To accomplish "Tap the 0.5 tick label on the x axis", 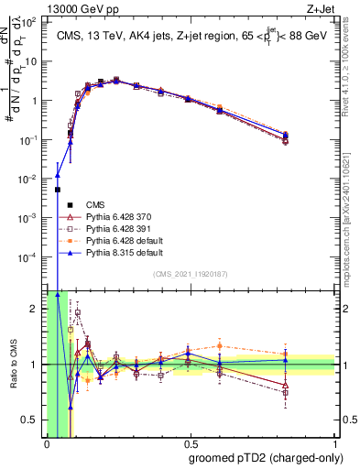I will [x=190, y=444].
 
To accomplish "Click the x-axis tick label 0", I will [x=47, y=444].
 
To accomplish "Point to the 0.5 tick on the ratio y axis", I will [x=33, y=420].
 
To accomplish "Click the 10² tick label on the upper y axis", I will [x=33, y=22].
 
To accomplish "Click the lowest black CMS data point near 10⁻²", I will [x=58, y=190].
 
